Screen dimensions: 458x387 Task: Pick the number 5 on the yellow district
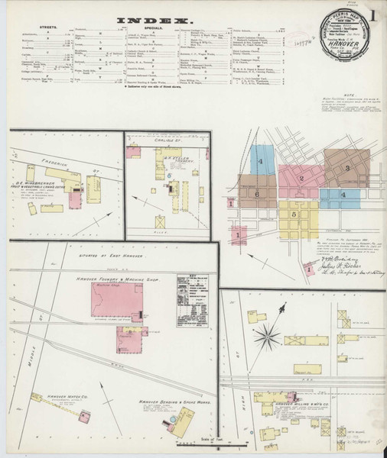[294, 214]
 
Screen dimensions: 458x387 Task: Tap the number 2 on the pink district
[302, 179]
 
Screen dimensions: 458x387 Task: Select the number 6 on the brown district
[258, 195]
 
